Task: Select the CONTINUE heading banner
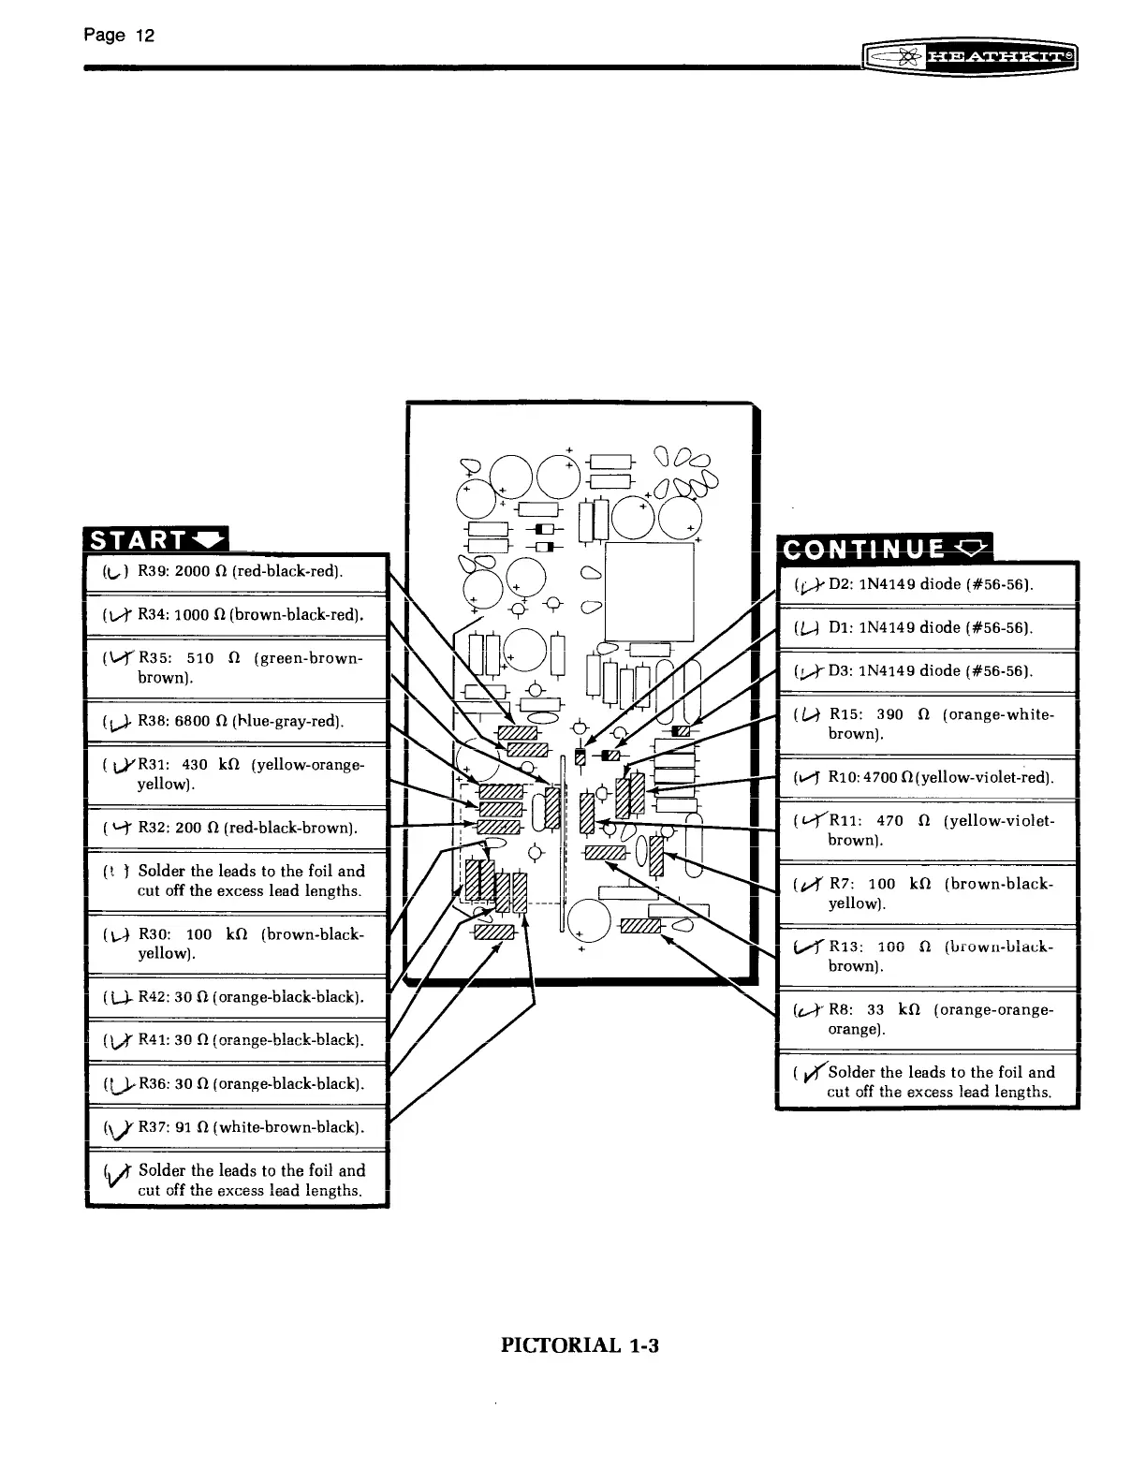[x=883, y=548]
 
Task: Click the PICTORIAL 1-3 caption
[x=580, y=1345]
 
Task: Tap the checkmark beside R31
[x=121, y=766]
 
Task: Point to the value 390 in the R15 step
[x=889, y=714]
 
